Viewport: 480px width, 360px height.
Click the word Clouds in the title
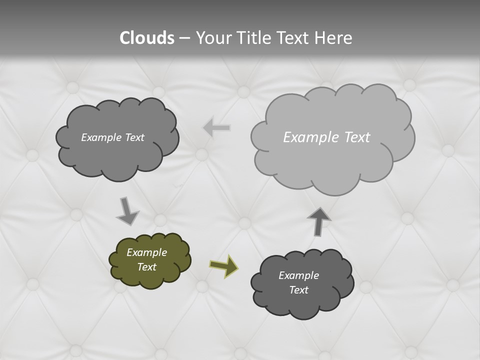(147, 38)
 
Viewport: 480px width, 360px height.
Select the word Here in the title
(333, 38)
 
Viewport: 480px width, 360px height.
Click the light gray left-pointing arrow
(216, 128)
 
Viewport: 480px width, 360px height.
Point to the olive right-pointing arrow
(223, 266)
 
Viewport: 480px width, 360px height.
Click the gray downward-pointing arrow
(127, 211)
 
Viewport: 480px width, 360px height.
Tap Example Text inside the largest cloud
(326, 137)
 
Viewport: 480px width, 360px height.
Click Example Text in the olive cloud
(146, 259)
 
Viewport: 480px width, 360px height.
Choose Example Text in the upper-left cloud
(112, 137)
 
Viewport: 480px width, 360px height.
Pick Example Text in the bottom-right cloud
(298, 282)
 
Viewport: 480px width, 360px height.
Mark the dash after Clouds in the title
(184, 38)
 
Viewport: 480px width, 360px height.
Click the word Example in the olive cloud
(146, 252)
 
